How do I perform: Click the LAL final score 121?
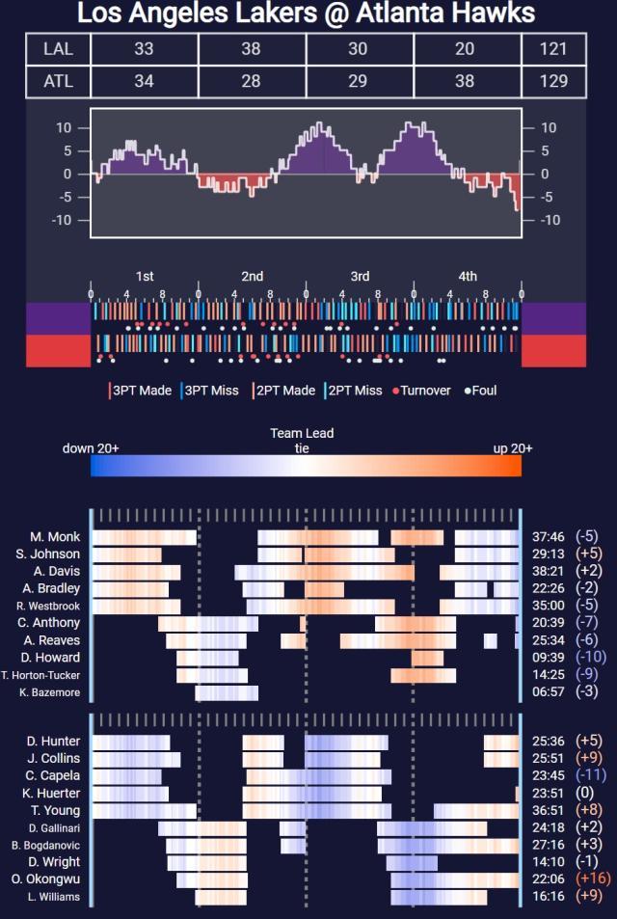pos(553,49)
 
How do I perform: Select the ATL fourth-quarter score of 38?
pos(465,81)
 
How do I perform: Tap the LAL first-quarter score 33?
pos(144,49)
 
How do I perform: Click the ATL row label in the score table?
pos(58,81)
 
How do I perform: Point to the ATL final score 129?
pos(553,81)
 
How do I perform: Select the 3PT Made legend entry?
pos(141,391)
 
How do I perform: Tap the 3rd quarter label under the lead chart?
pos(360,277)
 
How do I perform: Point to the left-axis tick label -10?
pos(64,220)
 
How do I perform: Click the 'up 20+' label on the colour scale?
pos(513,448)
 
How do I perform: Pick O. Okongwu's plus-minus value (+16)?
pos(592,879)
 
